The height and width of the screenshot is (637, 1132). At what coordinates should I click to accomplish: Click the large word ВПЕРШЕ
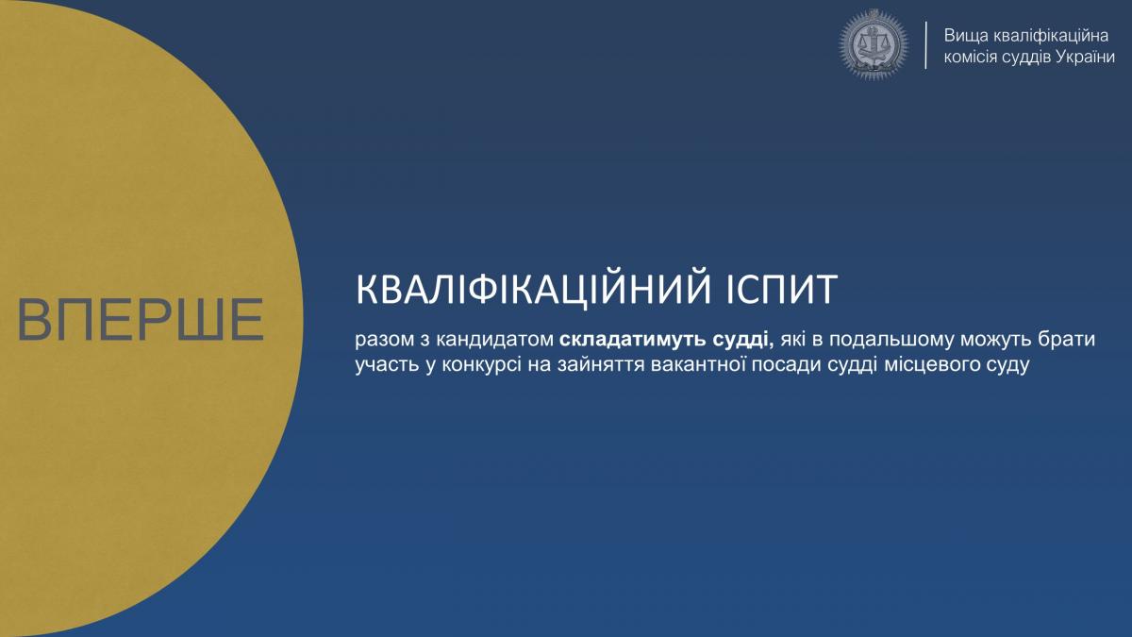click(141, 320)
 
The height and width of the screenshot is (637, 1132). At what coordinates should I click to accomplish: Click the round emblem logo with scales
click(874, 45)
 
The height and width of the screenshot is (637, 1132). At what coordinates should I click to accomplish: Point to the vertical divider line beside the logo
click(925, 45)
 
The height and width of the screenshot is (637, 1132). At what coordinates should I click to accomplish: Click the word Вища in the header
click(966, 36)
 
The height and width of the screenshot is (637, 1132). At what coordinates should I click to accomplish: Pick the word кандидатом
click(495, 339)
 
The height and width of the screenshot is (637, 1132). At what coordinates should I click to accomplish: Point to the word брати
click(1066, 340)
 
